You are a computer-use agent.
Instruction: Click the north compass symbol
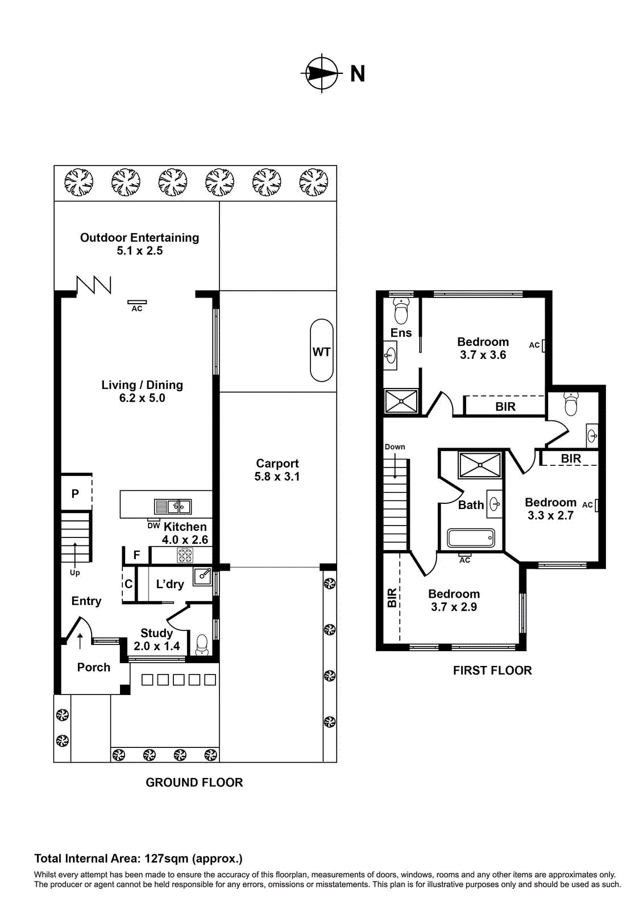tap(322, 73)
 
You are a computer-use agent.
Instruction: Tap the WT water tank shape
tap(322, 350)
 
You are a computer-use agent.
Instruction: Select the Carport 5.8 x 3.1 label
tap(277, 470)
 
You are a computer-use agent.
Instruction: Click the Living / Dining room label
tap(142, 391)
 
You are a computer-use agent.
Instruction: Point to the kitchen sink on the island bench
tap(173, 506)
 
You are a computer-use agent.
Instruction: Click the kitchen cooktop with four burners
tap(185, 555)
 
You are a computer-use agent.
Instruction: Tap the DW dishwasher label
tap(154, 526)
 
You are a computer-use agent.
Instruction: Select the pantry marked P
tap(76, 493)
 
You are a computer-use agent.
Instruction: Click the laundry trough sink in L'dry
tap(203, 577)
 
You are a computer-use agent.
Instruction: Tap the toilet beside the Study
tap(202, 644)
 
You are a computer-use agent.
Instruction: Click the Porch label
tap(94, 667)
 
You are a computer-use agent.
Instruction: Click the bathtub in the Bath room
tap(471, 537)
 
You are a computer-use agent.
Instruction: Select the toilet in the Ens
tap(401, 312)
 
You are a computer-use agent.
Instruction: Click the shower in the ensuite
tap(401, 401)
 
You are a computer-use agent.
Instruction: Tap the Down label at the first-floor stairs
tap(395, 446)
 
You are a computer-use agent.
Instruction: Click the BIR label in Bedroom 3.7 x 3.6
tap(505, 407)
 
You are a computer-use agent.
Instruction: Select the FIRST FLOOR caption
tap(492, 671)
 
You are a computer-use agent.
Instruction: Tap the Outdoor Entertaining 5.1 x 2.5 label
tap(139, 244)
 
